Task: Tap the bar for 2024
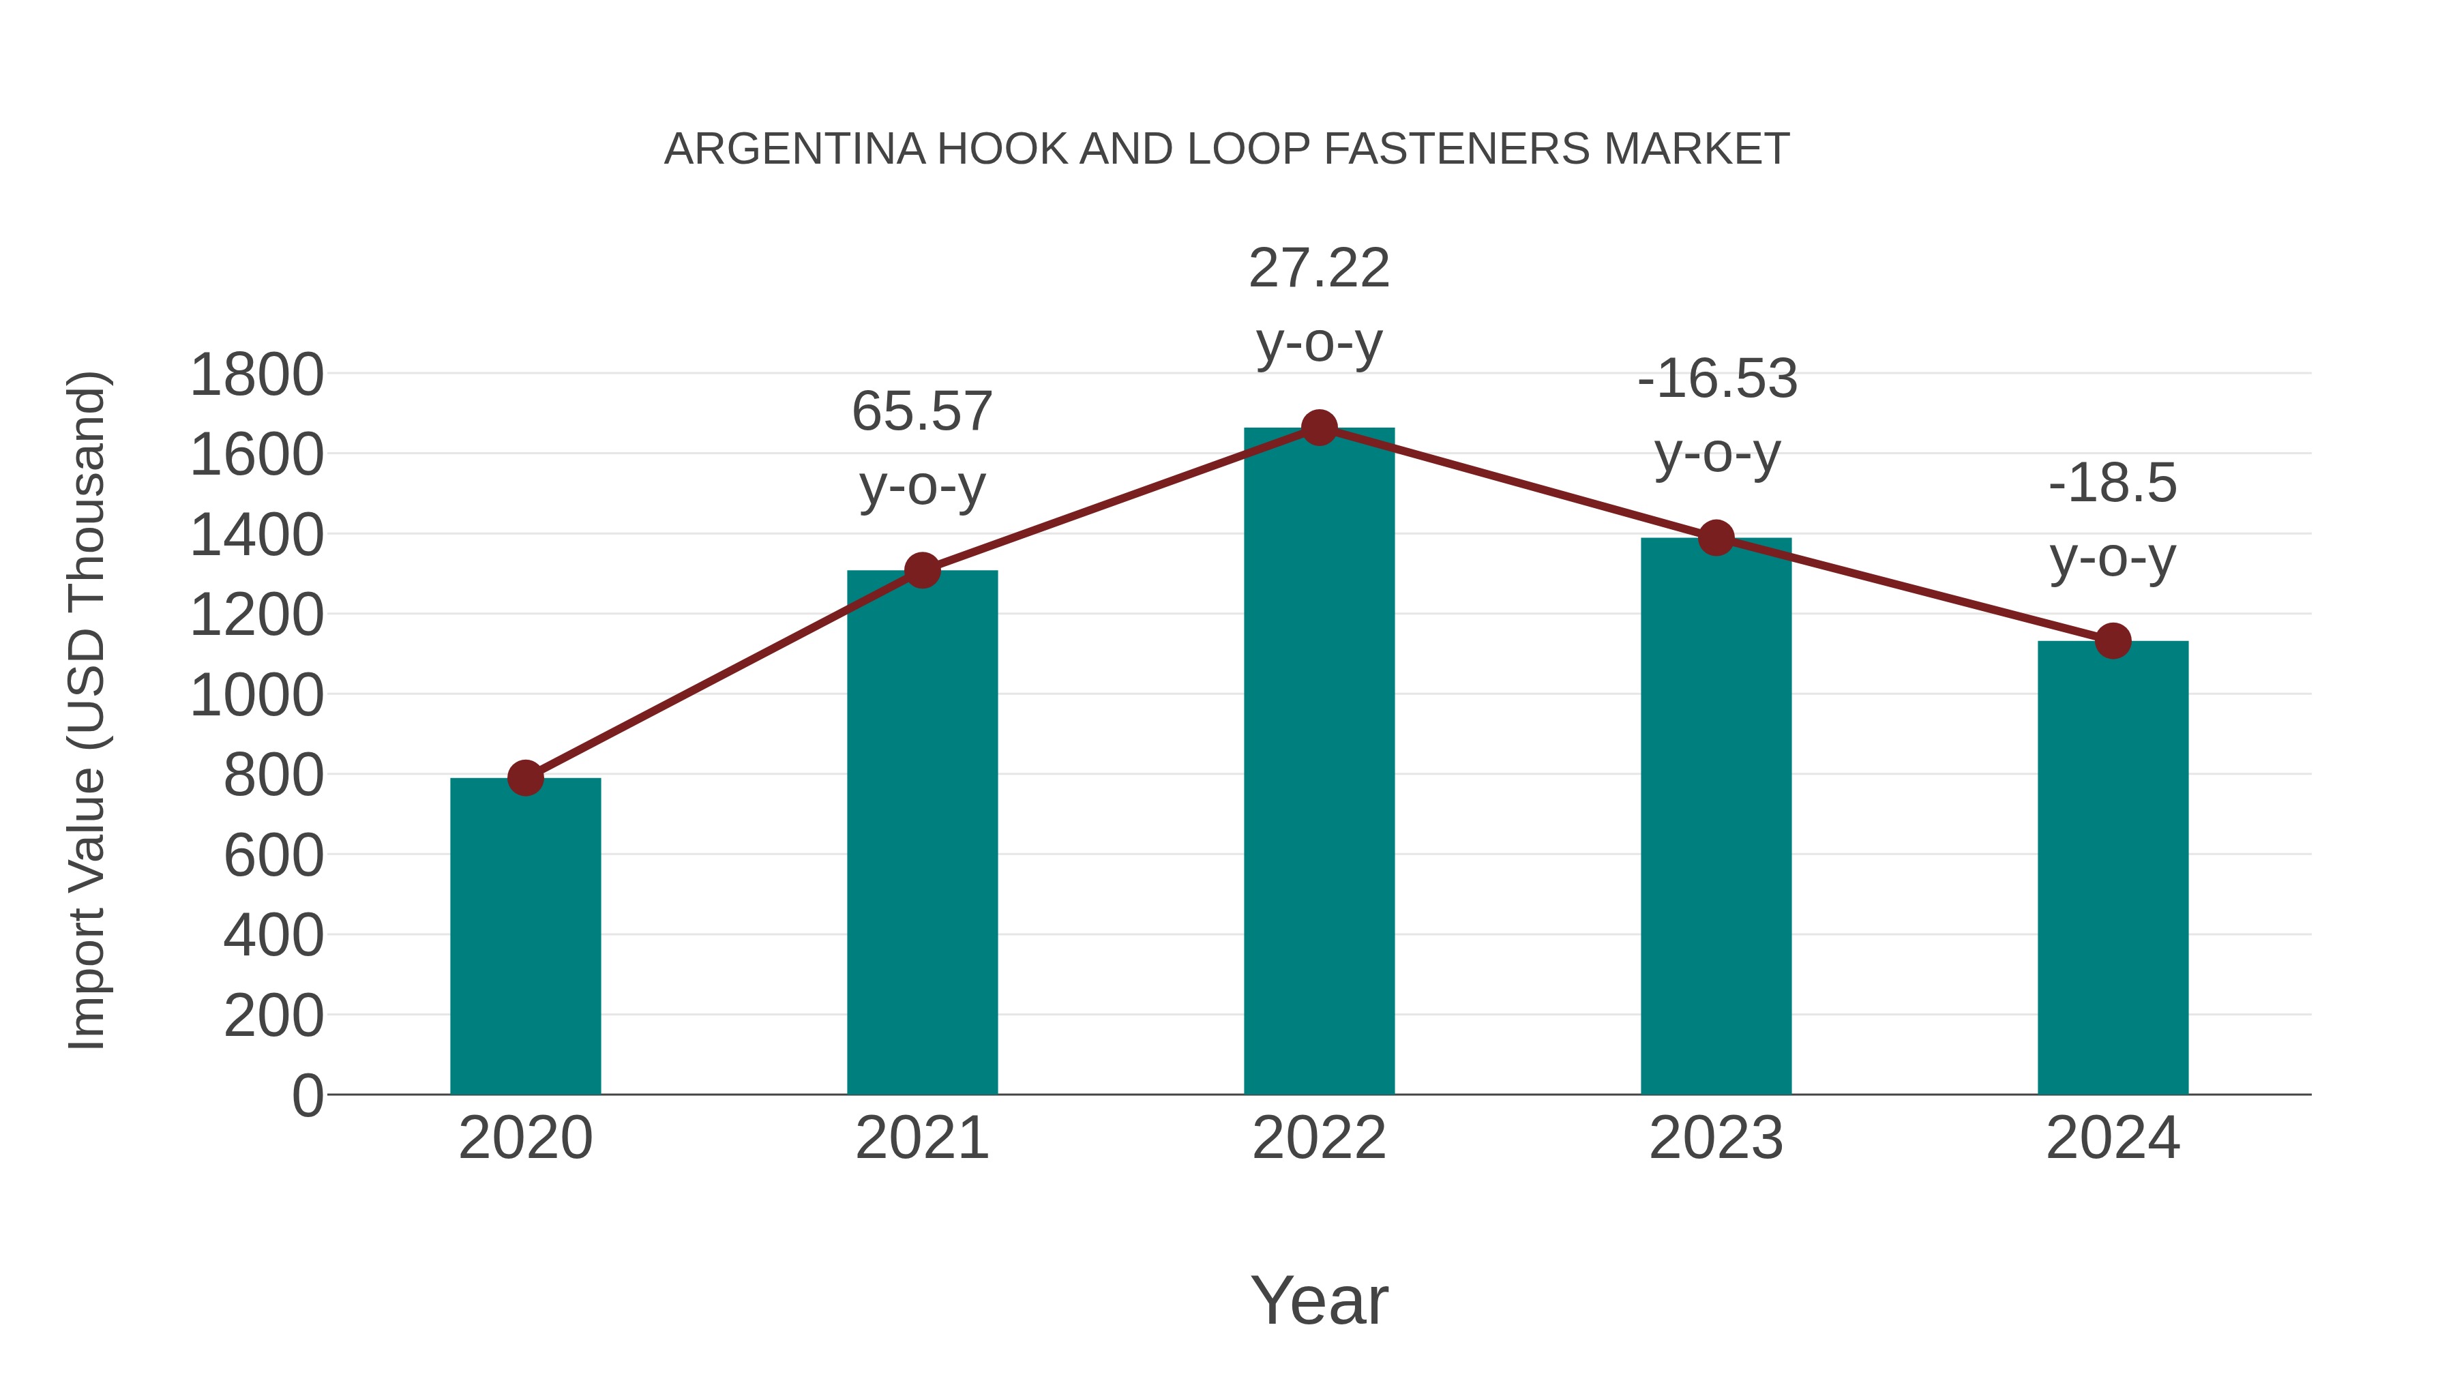pyautogui.click(x=2113, y=867)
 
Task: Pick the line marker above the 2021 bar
pyautogui.click(x=921, y=570)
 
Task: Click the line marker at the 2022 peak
pyautogui.click(x=1319, y=428)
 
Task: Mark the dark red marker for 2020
pyautogui.click(x=525, y=777)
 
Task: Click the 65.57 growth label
pyautogui.click(x=921, y=412)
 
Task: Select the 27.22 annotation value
pyautogui.click(x=1319, y=268)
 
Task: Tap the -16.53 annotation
pyautogui.click(x=1717, y=378)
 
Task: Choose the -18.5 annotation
pyautogui.click(x=2113, y=484)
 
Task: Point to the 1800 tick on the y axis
pyautogui.click(x=256, y=374)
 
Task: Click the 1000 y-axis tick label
pyautogui.click(x=256, y=695)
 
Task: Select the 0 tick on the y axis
pyautogui.click(x=308, y=1095)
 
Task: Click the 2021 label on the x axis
pyautogui.click(x=921, y=1138)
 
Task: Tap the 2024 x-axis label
pyautogui.click(x=2113, y=1138)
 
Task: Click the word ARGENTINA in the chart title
pyautogui.click(x=794, y=149)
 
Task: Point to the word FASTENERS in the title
pyautogui.click(x=1456, y=149)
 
